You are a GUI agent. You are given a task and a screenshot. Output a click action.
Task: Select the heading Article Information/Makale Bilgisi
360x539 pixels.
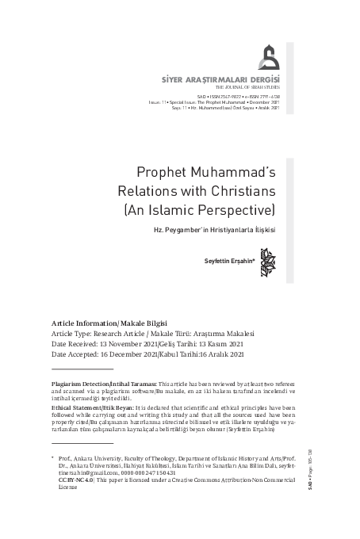pos(102,324)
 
